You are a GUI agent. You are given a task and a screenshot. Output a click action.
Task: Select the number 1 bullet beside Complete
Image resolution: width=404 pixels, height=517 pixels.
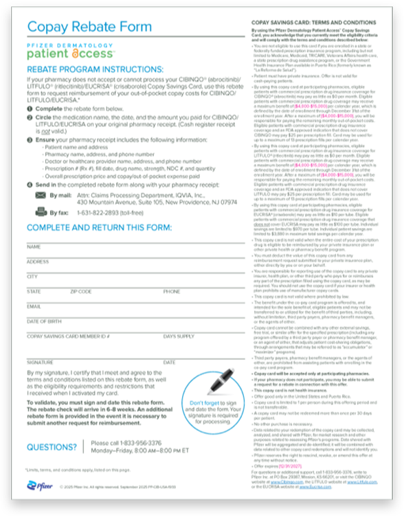click(30, 109)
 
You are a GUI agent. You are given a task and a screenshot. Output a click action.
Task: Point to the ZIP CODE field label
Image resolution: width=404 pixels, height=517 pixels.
click(80, 291)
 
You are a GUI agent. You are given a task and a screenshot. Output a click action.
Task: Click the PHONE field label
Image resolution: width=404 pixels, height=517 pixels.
click(172, 291)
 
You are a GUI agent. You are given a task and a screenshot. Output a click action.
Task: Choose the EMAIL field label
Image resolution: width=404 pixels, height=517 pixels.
click(34, 306)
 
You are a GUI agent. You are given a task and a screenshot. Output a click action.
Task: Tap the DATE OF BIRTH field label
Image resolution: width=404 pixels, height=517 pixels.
click(43, 321)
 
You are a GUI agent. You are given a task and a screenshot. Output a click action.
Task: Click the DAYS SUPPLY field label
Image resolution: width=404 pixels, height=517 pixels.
click(179, 336)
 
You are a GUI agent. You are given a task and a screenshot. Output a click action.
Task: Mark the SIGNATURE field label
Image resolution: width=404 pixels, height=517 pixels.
click(40, 361)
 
